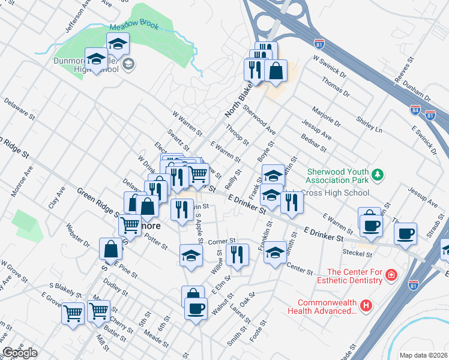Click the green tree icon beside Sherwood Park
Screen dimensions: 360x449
pos(378,175)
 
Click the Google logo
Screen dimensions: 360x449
pos(20,353)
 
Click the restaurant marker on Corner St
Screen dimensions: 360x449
pos(238,254)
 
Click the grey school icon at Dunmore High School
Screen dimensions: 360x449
pos(128,64)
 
